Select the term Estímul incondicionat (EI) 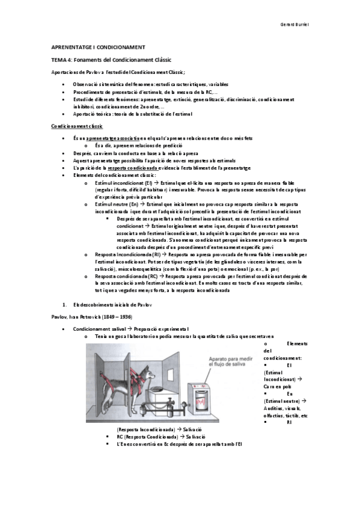click(123, 183)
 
